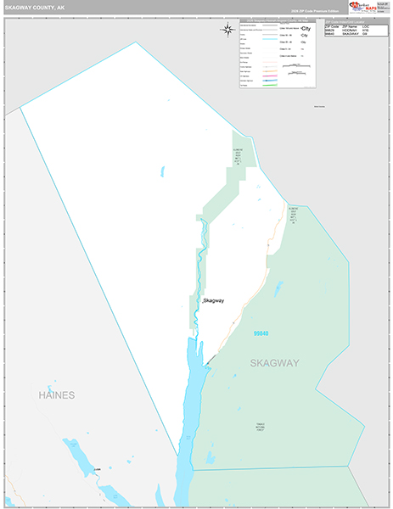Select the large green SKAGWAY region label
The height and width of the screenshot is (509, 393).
click(274, 363)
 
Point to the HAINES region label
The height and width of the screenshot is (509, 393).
click(56, 395)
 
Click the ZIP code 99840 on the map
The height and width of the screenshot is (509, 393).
click(263, 335)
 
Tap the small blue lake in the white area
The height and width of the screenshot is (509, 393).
click(161, 171)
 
